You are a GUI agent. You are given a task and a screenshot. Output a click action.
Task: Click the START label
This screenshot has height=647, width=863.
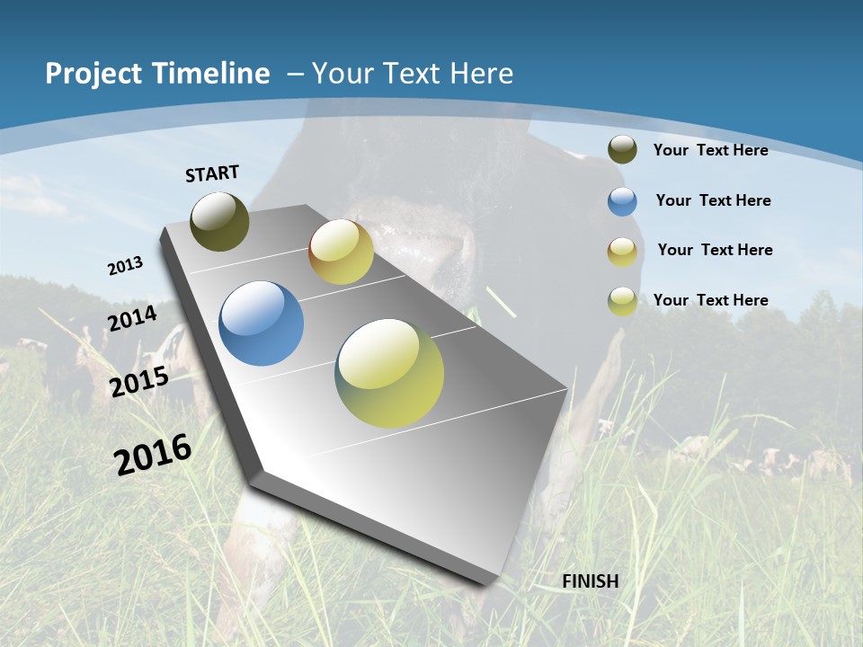(x=212, y=173)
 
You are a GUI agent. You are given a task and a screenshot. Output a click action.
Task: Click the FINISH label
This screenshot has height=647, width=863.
(x=590, y=581)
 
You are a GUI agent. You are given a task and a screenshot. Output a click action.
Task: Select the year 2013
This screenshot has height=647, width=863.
(x=125, y=266)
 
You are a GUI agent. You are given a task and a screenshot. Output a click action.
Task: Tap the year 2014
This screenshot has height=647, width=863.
(x=132, y=318)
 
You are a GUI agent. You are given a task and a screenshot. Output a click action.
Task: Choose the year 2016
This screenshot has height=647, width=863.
(x=153, y=454)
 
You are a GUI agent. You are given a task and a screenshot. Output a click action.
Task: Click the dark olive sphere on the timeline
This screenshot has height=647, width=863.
(x=219, y=221)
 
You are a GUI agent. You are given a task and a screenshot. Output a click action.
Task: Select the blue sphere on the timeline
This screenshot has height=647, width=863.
(x=261, y=323)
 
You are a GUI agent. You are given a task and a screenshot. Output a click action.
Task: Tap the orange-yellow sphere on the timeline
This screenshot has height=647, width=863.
(x=341, y=252)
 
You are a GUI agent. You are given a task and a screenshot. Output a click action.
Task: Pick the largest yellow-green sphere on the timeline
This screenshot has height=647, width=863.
(x=389, y=372)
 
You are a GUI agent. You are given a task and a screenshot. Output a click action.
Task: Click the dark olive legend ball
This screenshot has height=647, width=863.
(x=622, y=150)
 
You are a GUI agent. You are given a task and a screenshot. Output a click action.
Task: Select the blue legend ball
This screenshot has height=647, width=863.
(x=622, y=201)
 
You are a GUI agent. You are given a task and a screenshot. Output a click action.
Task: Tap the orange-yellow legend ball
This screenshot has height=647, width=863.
(x=622, y=252)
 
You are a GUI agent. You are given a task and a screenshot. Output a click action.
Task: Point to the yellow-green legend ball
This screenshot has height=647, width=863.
(x=622, y=301)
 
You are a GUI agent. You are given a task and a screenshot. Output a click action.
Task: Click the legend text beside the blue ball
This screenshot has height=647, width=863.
(x=713, y=200)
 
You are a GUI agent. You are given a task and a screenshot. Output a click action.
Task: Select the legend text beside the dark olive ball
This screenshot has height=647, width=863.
(x=710, y=150)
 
